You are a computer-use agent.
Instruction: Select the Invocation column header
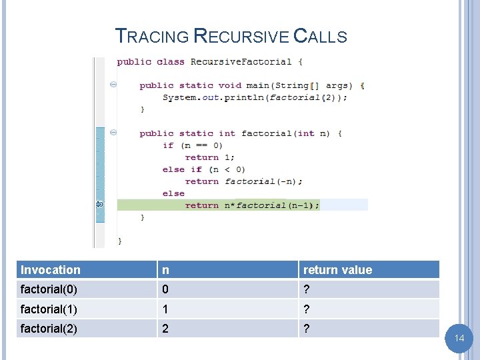(x=51, y=270)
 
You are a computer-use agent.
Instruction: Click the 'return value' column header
(x=337, y=270)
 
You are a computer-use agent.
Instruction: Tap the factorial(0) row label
(x=50, y=290)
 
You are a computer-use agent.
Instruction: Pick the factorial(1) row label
(x=50, y=309)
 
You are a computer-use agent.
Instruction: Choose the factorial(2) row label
(x=50, y=329)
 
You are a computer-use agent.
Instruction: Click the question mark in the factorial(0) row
(x=307, y=290)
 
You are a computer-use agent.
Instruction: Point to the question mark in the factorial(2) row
(x=307, y=329)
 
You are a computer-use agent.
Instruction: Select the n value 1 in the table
(x=165, y=309)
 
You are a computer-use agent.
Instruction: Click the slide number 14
(x=459, y=339)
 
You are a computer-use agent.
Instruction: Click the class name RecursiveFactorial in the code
(x=241, y=62)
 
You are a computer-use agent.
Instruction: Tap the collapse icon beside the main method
(x=113, y=85)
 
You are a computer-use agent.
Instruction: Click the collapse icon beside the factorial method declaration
(x=113, y=133)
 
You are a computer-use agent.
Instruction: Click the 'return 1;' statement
(x=210, y=157)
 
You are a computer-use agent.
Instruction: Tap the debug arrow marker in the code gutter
(x=100, y=204)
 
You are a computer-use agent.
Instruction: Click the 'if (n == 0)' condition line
(x=193, y=145)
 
